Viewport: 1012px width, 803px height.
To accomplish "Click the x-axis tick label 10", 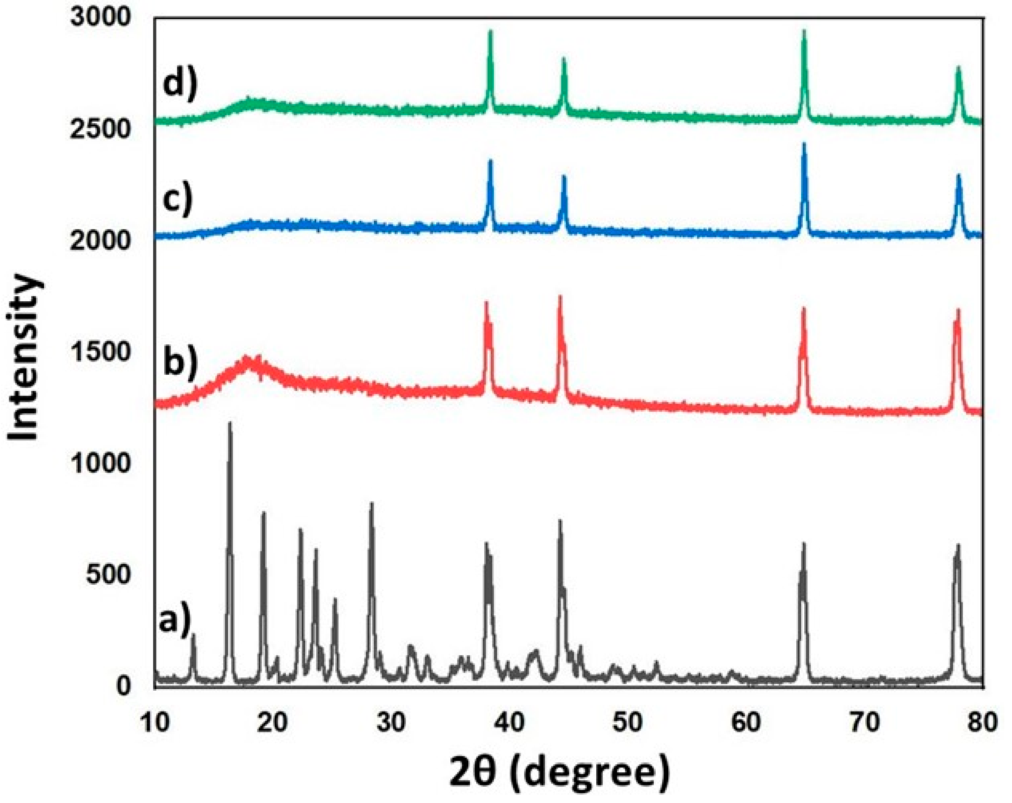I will (155, 724).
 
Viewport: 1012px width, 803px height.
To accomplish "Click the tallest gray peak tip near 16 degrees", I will (229, 423).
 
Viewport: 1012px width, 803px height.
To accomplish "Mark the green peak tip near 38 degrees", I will (490, 31).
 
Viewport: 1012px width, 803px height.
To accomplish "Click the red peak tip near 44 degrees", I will (560, 296).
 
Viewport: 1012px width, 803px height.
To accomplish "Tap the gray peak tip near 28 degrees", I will (372, 503).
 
